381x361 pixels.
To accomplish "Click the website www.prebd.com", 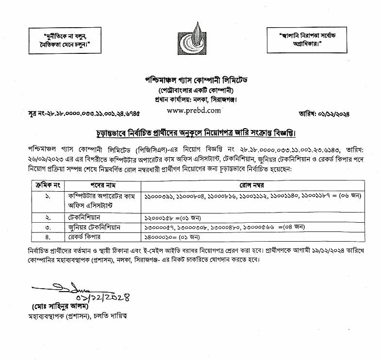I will [193, 110].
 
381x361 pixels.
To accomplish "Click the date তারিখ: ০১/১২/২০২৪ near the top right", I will [326, 114].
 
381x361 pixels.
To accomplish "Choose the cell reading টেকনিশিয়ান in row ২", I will [86, 219].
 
